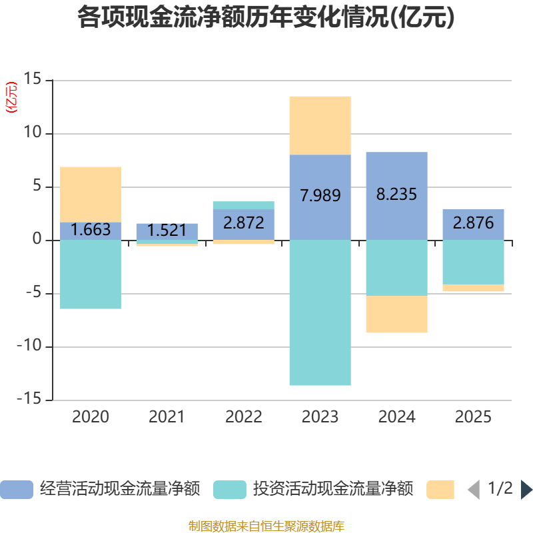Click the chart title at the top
tap(266, 18)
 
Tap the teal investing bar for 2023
tap(320, 312)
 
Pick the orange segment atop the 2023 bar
tap(320, 125)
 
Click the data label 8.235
tap(396, 195)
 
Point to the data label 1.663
tap(91, 230)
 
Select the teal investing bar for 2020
tap(91, 274)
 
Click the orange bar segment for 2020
tap(91, 194)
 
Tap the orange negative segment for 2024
tap(396, 314)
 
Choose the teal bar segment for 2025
tap(473, 262)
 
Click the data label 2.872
tap(244, 223)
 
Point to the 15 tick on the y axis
tap(32, 80)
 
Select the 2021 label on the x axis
tap(167, 418)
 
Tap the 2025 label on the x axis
tap(473, 418)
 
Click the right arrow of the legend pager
tap(526, 490)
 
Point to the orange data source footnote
tap(266, 526)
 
